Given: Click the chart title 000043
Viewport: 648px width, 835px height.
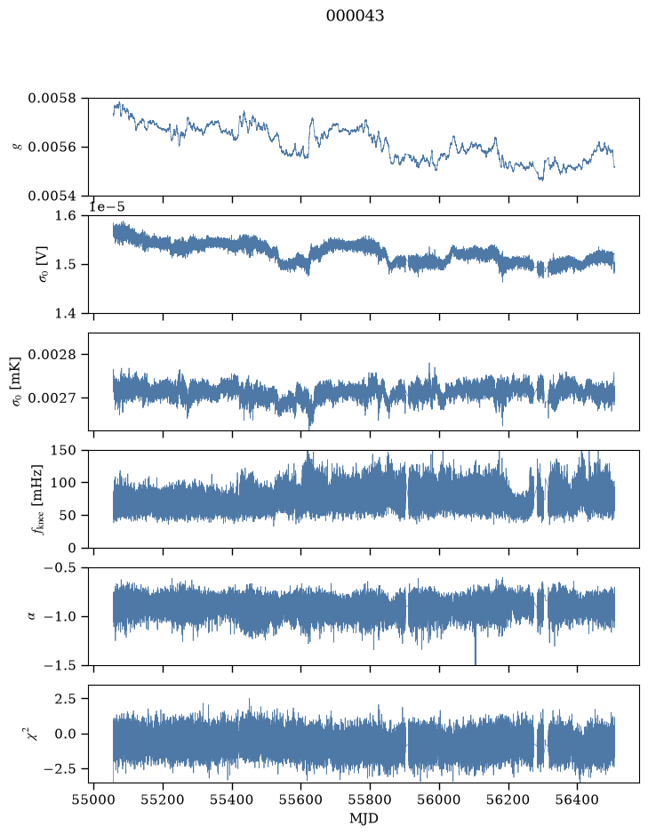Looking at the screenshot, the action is (355, 15).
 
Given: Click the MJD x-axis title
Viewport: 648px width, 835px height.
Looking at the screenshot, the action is (364, 818).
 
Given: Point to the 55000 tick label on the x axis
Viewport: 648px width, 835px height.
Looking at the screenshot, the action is (93, 799).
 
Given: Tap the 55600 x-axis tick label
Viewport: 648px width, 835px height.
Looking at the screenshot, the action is (301, 799).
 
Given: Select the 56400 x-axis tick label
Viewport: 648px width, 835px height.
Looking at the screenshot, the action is (579, 799).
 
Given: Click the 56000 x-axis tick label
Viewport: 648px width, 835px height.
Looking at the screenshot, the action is (440, 799).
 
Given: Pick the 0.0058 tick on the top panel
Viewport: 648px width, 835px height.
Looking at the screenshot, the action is (52, 99).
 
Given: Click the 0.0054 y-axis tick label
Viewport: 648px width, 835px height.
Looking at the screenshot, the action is (52, 196).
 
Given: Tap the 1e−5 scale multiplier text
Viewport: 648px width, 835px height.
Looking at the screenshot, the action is (107, 206).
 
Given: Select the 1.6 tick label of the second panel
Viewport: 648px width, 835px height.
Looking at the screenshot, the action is (66, 216).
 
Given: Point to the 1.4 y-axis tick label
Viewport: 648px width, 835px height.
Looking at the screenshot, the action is (66, 313).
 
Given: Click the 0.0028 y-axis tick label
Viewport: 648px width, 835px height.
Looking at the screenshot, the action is (52, 355).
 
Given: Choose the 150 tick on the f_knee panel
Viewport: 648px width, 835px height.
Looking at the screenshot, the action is (63, 451).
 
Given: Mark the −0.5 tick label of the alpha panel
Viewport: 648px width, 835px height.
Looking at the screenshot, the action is (60, 567).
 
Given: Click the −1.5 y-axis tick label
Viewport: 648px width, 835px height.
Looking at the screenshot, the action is (60, 666).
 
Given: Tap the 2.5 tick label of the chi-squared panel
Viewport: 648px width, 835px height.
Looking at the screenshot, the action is (66, 698).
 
